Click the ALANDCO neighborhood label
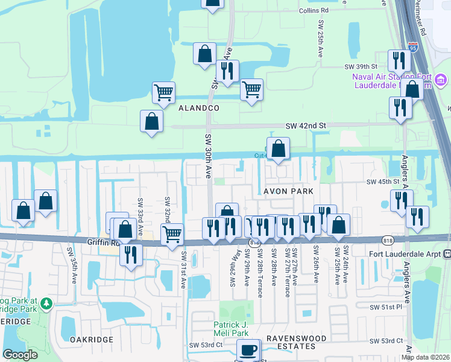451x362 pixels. pos(198,107)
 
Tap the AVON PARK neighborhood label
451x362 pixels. pos(288,191)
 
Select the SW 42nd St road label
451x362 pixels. pos(306,125)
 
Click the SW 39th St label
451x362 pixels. pos(361,66)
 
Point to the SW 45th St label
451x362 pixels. pos(383,182)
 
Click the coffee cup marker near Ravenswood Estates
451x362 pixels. pos(247,351)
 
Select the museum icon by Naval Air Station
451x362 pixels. pos(440,80)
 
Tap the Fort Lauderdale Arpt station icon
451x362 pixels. pos(447,254)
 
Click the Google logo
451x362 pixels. pos(20,355)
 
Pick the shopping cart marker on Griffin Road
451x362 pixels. pos(172,234)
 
